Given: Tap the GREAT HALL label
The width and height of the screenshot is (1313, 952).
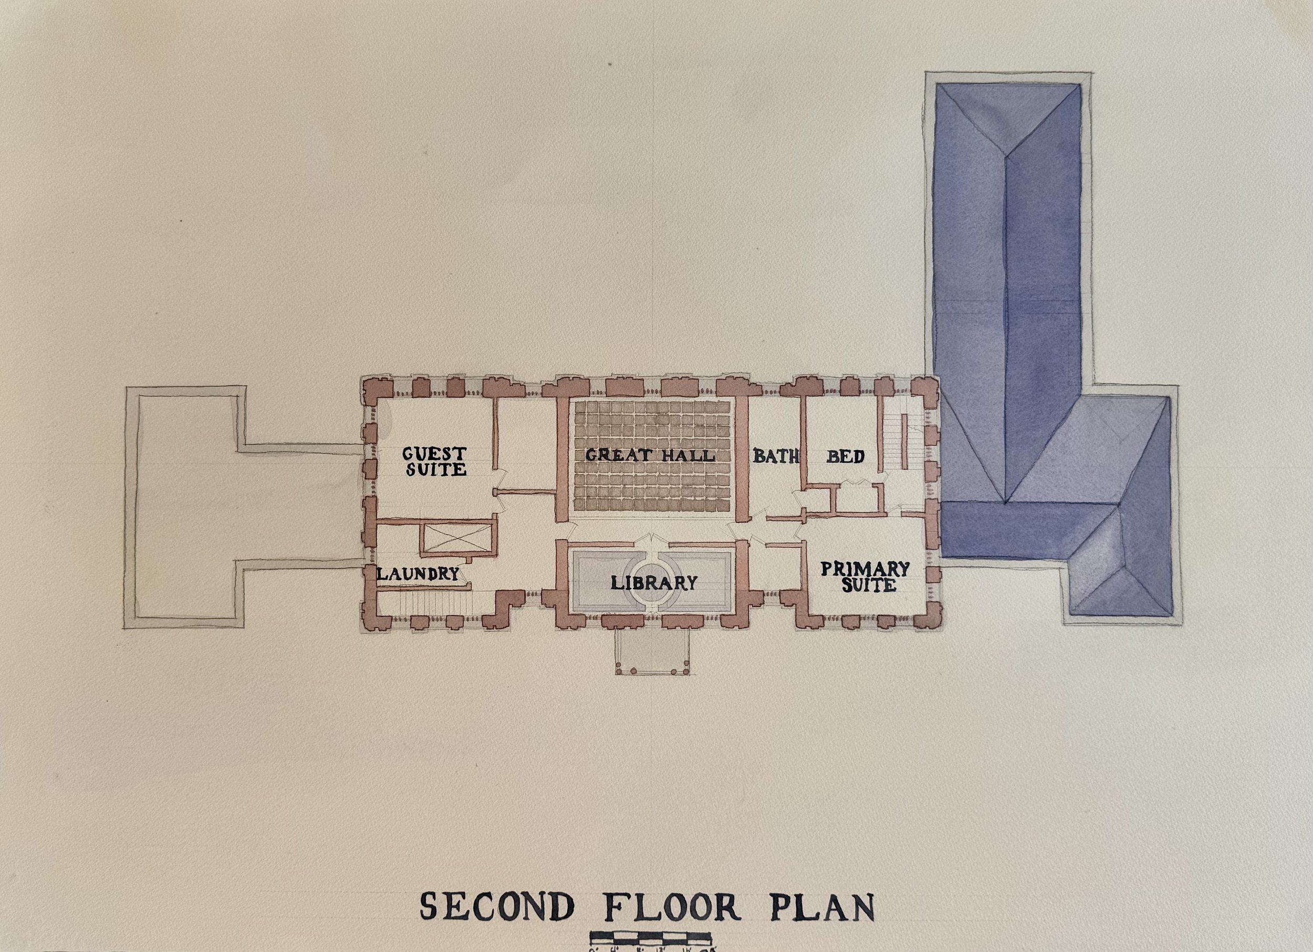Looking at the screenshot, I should [650, 455].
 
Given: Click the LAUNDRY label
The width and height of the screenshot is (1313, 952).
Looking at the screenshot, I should [418, 574].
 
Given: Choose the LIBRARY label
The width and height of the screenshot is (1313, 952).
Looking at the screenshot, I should [653, 583].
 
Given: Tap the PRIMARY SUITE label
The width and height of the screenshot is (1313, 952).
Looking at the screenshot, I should [866, 577].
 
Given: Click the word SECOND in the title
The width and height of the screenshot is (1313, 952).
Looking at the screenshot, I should [497, 906].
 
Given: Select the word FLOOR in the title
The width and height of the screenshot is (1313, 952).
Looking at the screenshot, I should [672, 906].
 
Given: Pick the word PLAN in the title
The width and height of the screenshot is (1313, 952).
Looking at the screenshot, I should [821, 907].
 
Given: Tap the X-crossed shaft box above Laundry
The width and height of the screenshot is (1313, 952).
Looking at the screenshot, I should [457, 537].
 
